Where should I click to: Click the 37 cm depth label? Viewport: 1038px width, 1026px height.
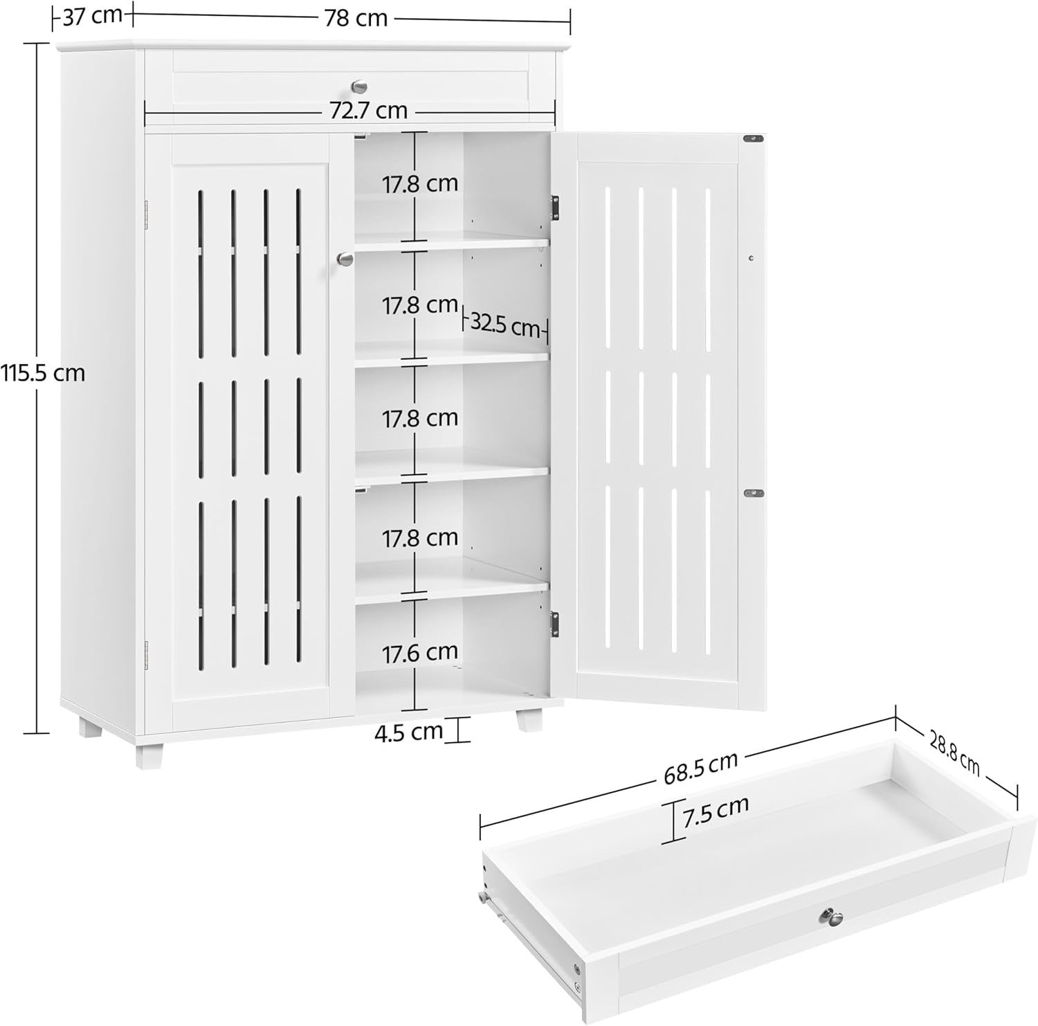pos(93,15)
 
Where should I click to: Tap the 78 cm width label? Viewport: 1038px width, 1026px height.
pos(356,17)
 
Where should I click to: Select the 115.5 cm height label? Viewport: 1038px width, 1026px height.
pos(42,374)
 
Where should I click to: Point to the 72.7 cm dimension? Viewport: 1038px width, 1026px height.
pos(367,110)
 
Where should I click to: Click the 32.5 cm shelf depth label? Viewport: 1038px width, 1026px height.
pos(505,325)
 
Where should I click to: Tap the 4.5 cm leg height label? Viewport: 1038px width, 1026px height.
pos(408,732)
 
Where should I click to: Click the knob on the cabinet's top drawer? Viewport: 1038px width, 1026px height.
pos(359,87)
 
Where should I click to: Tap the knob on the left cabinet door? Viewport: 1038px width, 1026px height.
pos(345,259)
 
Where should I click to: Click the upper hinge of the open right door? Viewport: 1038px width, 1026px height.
pos(554,208)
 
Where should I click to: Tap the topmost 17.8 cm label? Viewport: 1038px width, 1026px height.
pos(421,184)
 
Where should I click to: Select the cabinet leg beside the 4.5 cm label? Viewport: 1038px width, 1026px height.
pos(529,720)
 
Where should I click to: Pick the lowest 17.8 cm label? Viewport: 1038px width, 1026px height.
pos(421,538)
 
